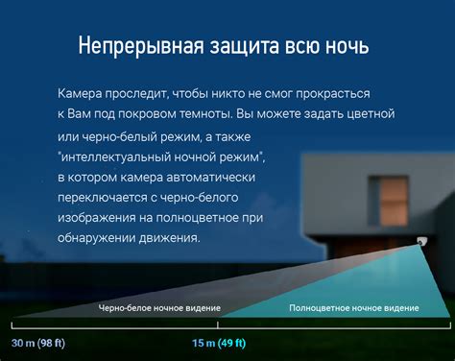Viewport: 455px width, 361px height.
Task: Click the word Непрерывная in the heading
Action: pos(141,46)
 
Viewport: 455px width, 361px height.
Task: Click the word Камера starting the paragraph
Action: pos(80,93)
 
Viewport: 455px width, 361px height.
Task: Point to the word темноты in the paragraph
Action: pos(205,114)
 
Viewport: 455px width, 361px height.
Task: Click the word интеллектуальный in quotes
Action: pos(120,157)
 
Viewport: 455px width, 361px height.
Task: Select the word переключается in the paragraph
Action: pos(102,198)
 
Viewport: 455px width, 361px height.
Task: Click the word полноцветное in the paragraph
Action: pos(198,218)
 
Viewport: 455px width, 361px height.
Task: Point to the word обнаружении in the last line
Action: pos(96,238)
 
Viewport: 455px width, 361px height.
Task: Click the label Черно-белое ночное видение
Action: pos(159,308)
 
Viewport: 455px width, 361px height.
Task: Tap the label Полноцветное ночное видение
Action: pos(354,308)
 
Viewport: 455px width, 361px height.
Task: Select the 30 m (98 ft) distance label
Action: pos(38,343)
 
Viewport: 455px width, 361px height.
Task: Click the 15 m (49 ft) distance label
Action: pos(219,343)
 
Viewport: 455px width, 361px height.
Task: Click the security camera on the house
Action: pos(421,241)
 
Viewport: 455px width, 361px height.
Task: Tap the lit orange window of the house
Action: pos(394,202)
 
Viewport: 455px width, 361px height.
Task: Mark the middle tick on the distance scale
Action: pos(218,325)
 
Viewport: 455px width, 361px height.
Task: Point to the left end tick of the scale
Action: pos(12,325)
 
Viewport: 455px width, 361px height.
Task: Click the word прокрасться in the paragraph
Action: pos(333,94)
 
